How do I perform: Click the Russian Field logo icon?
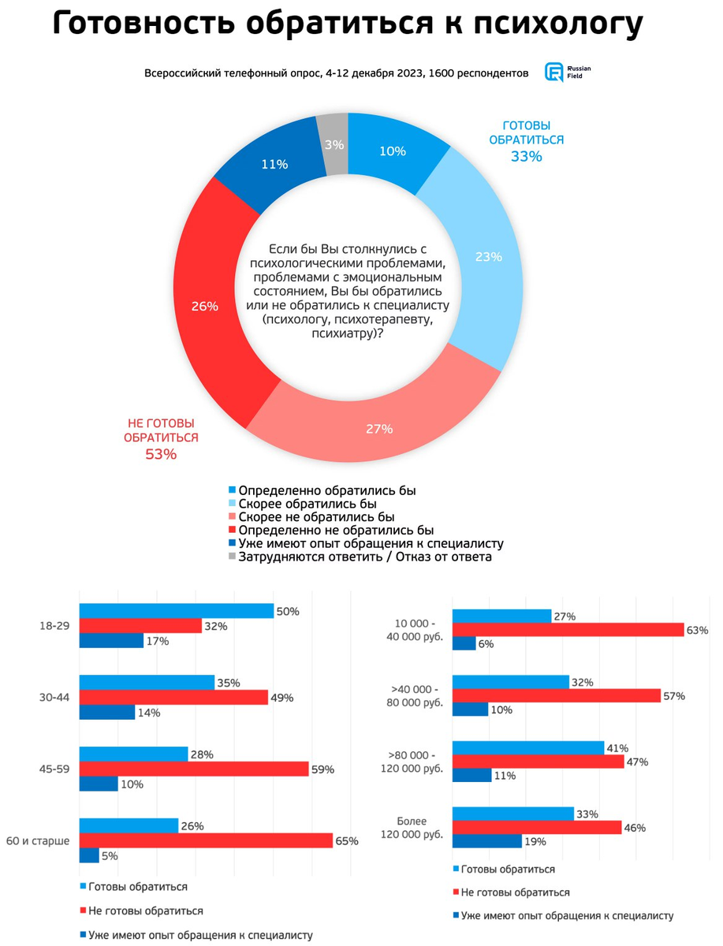[553, 73]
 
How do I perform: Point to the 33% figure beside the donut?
[526, 156]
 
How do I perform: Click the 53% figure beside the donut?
[161, 454]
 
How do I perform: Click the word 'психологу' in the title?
[558, 24]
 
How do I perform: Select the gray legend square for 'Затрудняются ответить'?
[233, 557]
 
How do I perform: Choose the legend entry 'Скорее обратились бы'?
[307, 504]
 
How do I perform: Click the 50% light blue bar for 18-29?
[177, 611]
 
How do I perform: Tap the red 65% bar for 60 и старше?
[206, 840]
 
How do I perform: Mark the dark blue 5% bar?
[89, 855]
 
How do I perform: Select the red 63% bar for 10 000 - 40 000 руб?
[568, 630]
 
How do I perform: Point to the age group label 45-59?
[54, 769]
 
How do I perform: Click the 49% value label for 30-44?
[282, 698]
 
